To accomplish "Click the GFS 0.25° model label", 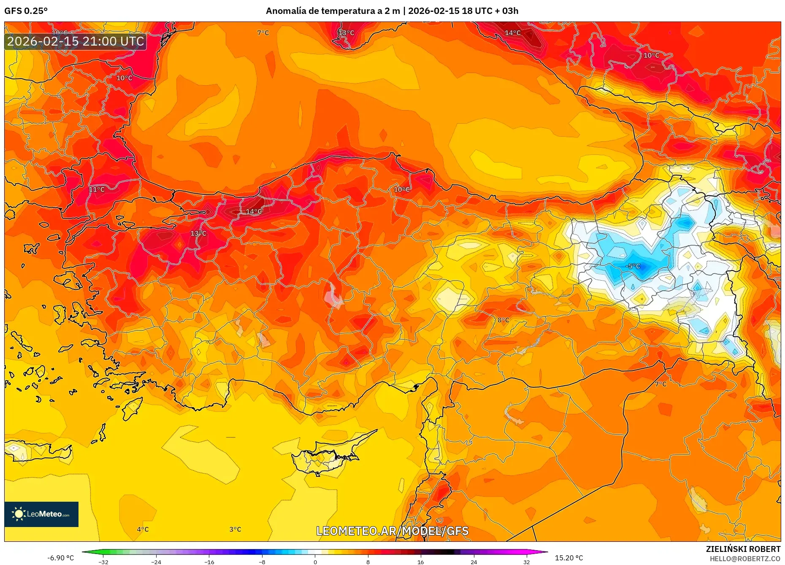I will [26, 11].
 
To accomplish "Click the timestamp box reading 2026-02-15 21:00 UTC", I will [76, 41].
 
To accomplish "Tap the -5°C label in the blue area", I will [633, 266].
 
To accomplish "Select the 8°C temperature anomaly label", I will [503, 320].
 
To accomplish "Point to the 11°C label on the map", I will [97, 190].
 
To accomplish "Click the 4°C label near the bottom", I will [143, 530].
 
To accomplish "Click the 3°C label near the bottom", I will [235, 530].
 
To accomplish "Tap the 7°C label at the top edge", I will [263, 33].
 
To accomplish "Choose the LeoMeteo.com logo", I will [41, 514].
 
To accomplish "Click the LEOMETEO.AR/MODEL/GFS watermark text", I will [392, 531].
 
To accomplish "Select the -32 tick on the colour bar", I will [103, 562].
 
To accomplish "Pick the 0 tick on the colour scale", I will [315, 562].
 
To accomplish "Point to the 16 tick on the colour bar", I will [420, 562].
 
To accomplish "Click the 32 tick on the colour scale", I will [526, 562].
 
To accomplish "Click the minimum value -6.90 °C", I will [60, 558].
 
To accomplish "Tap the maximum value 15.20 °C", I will [568, 558].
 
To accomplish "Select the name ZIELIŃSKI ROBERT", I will [743, 549].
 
